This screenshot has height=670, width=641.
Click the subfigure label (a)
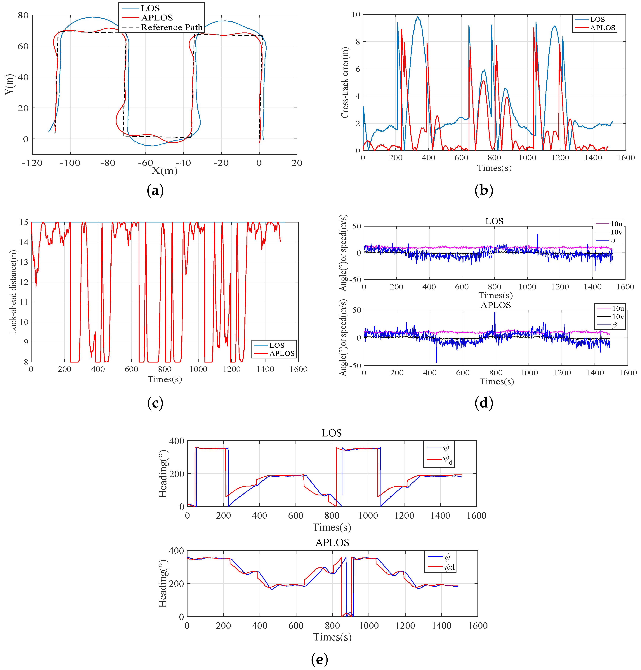[x=155, y=190]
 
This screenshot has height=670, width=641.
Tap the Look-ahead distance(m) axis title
[x=13, y=292]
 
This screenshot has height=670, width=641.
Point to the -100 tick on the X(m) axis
[x=70, y=163]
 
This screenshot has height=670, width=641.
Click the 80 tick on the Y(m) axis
[x=23, y=15]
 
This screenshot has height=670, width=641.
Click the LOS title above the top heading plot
[x=331, y=433]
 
